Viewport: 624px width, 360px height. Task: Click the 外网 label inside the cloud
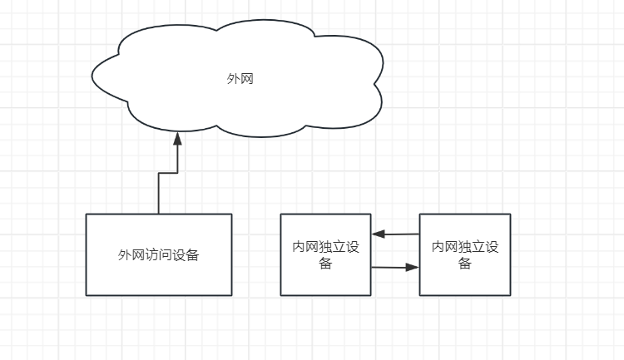[x=240, y=80]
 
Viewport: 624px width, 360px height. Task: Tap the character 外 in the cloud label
[x=233, y=80]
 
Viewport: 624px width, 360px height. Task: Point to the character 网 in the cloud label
[x=246, y=80]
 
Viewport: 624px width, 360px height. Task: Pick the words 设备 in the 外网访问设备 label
[x=186, y=255]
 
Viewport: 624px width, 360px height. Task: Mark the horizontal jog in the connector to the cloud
[x=167, y=172]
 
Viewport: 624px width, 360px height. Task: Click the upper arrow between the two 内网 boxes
[x=395, y=234]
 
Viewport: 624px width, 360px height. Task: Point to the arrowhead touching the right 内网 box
[x=413, y=268]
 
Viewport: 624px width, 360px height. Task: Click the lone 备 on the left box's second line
[x=325, y=264]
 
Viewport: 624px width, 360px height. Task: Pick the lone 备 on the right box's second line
[x=465, y=264]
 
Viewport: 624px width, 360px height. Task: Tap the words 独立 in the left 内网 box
[x=332, y=247]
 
